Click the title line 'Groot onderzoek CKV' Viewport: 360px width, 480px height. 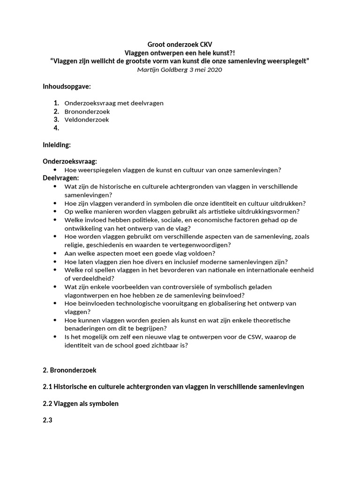click(180, 45)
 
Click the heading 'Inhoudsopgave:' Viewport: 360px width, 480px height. click(67, 87)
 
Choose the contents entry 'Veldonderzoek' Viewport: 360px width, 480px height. click(87, 120)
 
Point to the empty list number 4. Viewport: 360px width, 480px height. click(56, 128)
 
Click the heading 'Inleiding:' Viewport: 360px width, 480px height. click(57, 145)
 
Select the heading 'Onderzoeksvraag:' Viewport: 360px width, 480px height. click(70, 162)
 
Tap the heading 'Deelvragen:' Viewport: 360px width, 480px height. click(61, 178)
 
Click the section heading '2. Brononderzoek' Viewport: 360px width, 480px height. click(69, 370)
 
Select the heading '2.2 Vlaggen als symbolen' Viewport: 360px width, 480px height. click(81, 403)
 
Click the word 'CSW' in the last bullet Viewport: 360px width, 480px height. click(269, 337)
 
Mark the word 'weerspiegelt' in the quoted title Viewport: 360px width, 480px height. click(286, 61)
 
